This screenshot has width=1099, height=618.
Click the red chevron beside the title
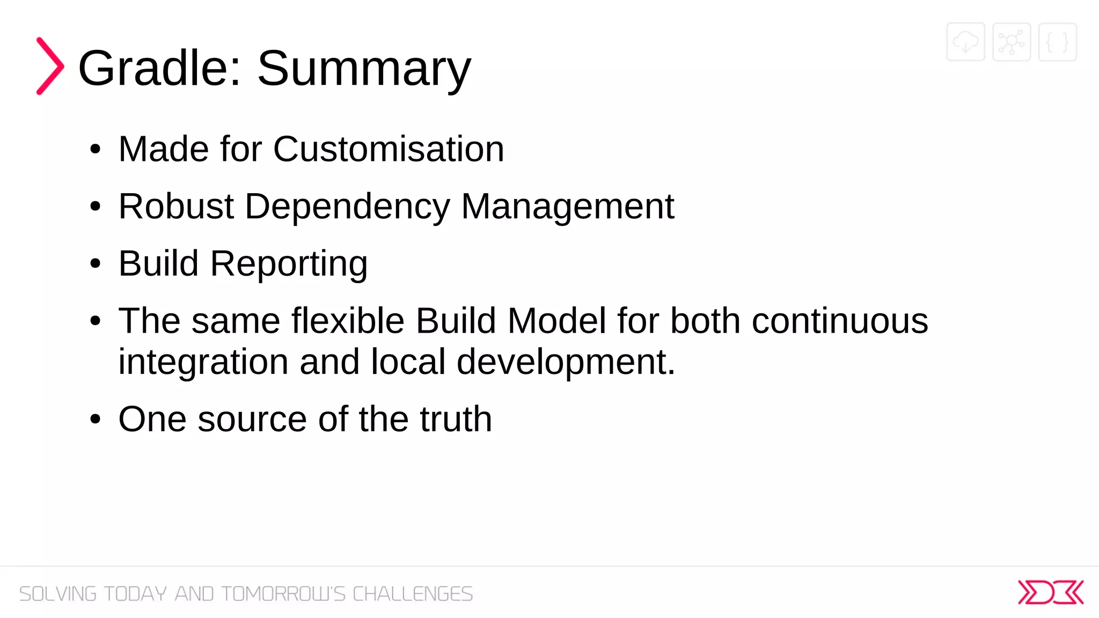(50, 66)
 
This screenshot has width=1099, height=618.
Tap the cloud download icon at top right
(965, 42)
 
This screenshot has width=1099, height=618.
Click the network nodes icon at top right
(1011, 42)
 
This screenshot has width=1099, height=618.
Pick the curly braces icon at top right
(1057, 42)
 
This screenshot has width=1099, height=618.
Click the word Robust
(176, 206)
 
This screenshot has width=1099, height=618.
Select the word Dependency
(347, 207)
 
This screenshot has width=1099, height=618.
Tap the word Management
(567, 206)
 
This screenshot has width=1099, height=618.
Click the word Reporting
(289, 264)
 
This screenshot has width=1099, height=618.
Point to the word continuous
(839, 321)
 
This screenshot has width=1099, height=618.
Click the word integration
(203, 363)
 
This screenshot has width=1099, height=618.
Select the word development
(565, 363)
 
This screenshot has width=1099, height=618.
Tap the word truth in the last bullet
(456, 419)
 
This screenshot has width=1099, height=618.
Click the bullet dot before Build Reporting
(96, 264)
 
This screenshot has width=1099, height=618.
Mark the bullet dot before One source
(96, 420)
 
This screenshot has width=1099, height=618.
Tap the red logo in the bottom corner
(1050, 592)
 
